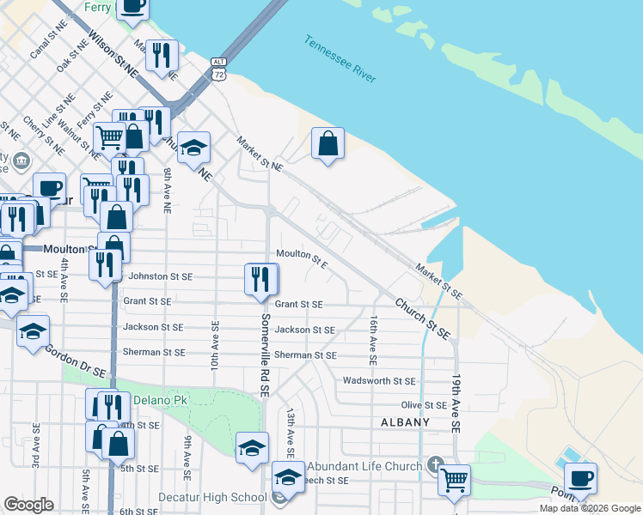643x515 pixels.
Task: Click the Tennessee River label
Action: [340, 59]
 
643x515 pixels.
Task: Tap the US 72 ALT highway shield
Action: [219, 70]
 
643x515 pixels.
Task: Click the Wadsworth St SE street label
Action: [379, 380]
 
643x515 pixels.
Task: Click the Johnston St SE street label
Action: [160, 276]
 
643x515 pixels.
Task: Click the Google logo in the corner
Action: [28, 504]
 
